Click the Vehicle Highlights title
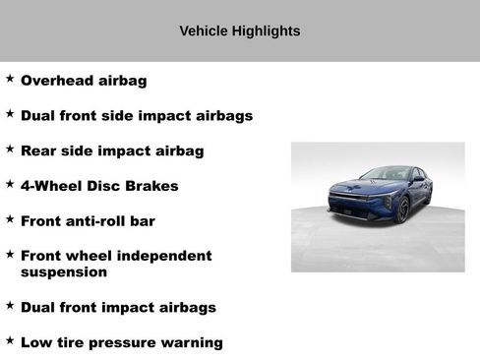(x=240, y=31)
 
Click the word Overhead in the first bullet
(x=56, y=81)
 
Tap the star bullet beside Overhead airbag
(x=10, y=78)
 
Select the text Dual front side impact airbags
(x=137, y=116)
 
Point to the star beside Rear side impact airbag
(x=10, y=149)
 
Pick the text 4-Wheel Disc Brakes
(x=99, y=186)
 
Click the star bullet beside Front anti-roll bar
(x=10, y=218)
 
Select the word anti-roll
(x=96, y=221)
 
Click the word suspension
(x=64, y=271)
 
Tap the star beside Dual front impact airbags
(x=10, y=305)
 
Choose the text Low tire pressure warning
(x=122, y=343)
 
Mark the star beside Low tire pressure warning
(x=10, y=340)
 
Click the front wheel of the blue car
(x=401, y=210)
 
